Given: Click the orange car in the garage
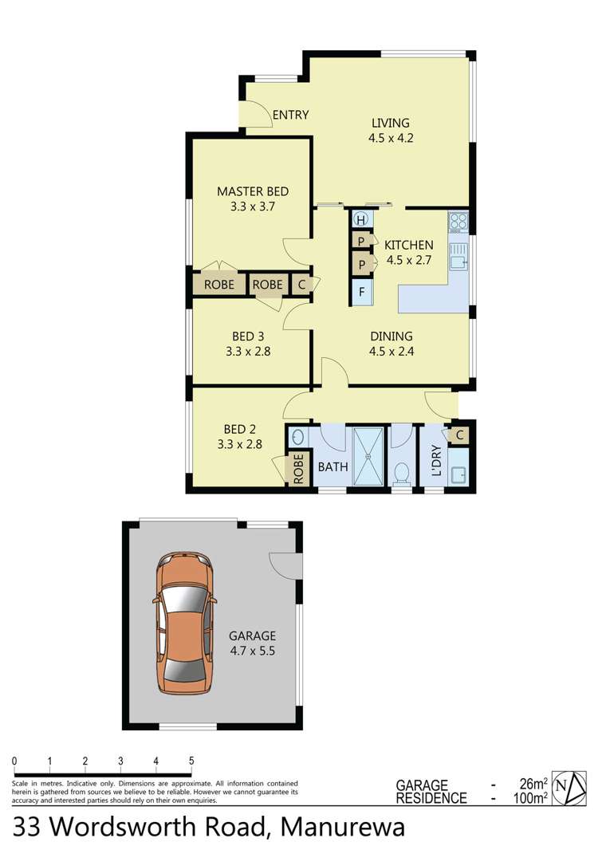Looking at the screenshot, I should coord(185,624).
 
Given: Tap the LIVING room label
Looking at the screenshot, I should coord(390,123).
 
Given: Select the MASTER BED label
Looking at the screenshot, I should coord(253,191).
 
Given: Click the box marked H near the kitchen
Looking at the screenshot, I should coord(361,220).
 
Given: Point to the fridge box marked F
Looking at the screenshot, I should coord(361,293).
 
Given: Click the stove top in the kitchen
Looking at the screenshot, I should coord(458,222).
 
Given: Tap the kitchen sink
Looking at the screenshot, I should coord(458,257).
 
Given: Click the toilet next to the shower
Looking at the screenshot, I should coord(403,473).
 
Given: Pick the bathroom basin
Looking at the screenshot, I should coord(297,438).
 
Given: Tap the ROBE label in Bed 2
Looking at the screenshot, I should coord(298,468).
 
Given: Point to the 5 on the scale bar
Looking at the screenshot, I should coord(191,761).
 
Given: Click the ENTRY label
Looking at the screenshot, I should coord(290,115).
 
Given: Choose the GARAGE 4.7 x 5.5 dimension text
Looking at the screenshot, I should coord(252,650).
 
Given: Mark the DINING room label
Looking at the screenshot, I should coord(391,336).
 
